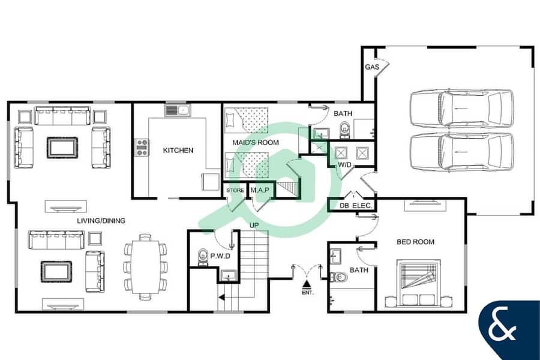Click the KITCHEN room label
tap(178, 150)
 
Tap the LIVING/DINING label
tap(101, 221)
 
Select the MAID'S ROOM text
tap(256, 142)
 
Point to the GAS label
tap(372, 67)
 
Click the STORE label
tap(235, 190)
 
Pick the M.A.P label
tap(260, 190)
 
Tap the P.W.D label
tap(220, 256)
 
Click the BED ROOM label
tap(415, 242)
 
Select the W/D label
tap(345, 164)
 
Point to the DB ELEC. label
tap(356, 206)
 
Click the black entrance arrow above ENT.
tap(307, 284)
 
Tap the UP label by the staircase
tap(254, 226)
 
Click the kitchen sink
tap(177, 110)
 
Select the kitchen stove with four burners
tap(142, 147)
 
